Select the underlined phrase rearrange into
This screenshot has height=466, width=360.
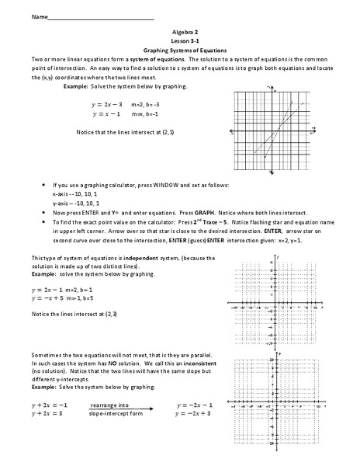109,405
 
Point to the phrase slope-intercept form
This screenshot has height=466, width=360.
109,415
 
